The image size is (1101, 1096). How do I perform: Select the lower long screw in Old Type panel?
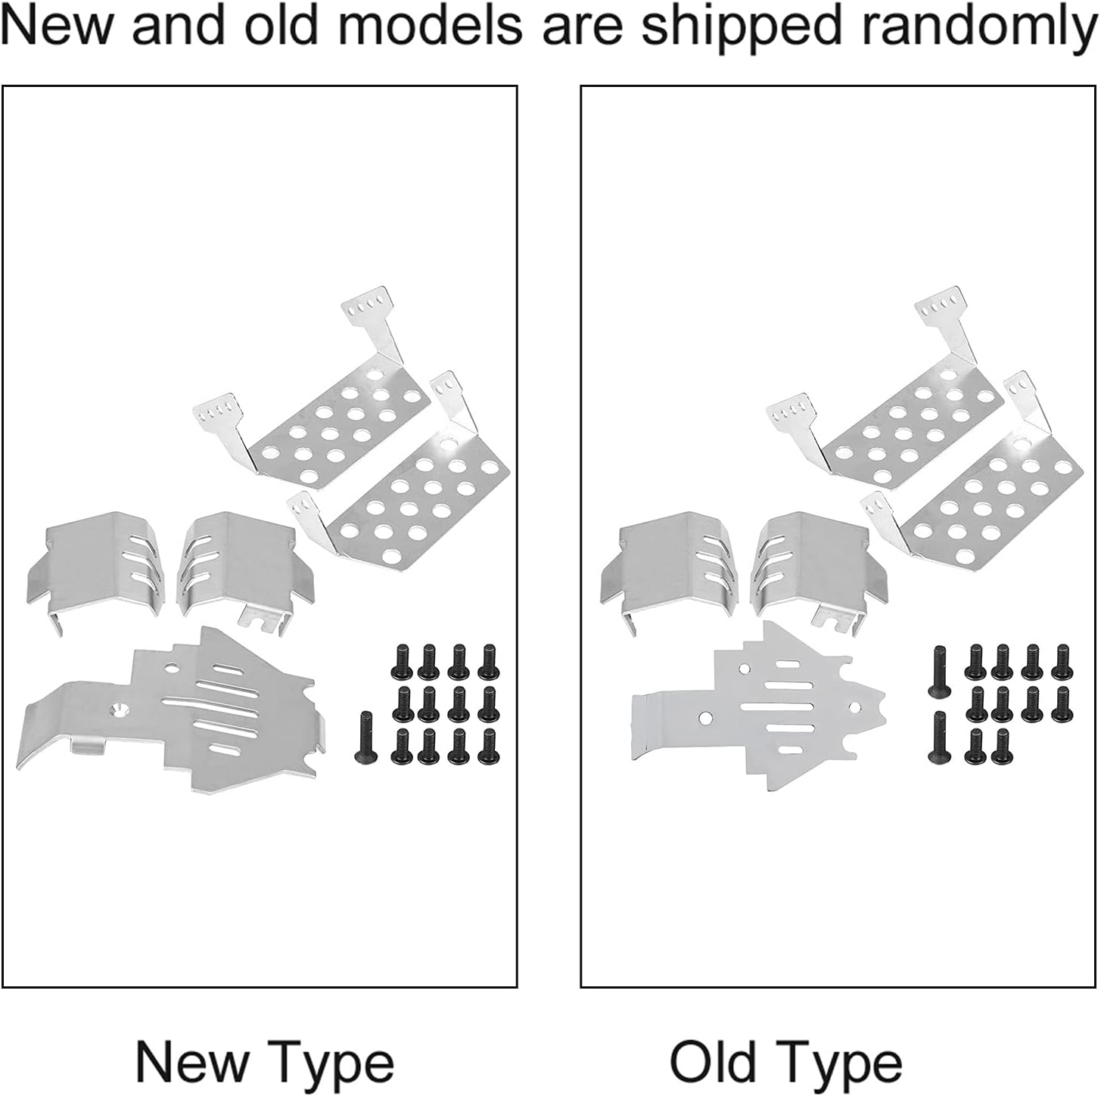941,737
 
